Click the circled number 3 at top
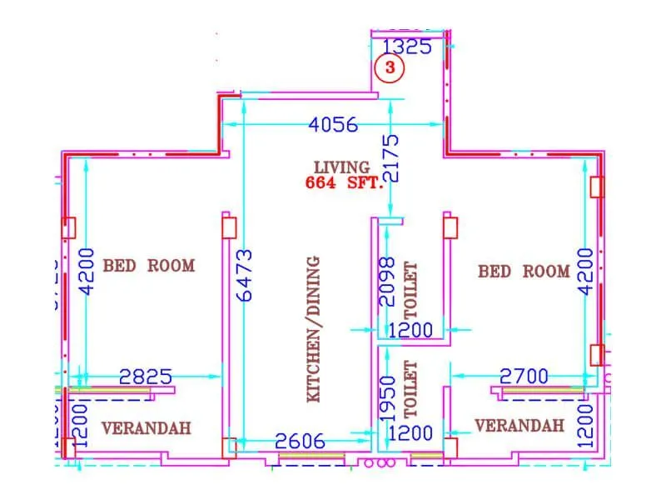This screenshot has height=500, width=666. click(x=389, y=68)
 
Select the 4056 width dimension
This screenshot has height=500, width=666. click(x=333, y=125)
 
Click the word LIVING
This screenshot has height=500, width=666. click(x=341, y=167)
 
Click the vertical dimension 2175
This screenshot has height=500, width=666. click(x=394, y=158)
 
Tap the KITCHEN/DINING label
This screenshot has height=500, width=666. click(x=314, y=329)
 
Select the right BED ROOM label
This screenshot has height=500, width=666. click(x=524, y=272)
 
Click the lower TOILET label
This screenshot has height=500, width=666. click(x=410, y=388)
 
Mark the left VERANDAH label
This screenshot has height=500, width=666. click(x=146, y=428)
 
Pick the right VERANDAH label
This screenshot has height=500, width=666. click(x=519, y=426)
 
